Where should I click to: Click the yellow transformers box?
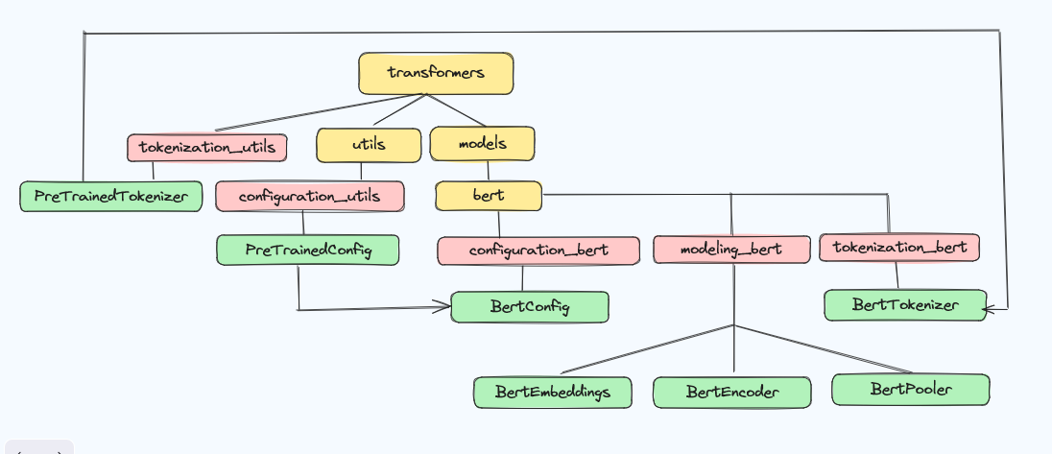coord(436,73)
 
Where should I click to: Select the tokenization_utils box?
coord(207,148)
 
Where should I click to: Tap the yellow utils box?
coord(369,145)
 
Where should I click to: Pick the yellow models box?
coord(483,144)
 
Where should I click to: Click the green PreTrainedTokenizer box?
coord(110,197)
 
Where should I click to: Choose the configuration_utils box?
coord(310,197)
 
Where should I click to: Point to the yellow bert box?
coord(489,196)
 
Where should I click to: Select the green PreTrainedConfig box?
coord(308,250)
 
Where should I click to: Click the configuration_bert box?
coord(538,251)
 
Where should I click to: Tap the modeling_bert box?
coord(731,250)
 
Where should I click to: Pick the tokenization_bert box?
coord(899,248)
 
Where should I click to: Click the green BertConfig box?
coord(530,307)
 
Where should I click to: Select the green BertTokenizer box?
coord(906,305)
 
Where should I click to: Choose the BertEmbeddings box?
coord(553,393)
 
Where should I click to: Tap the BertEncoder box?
coord(732,393)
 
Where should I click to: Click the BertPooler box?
coord(911,389)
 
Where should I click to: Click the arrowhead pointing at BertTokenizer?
coord(989,308)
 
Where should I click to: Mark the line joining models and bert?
coord(488,171)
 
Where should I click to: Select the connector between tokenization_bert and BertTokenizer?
coord(897,275)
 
